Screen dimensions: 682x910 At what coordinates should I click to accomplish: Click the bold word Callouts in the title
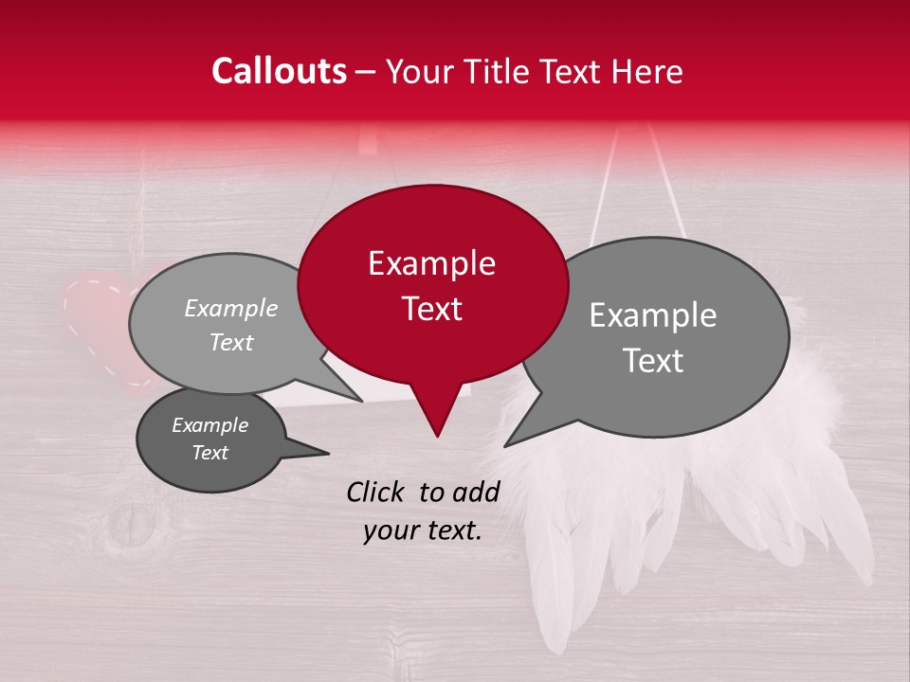click(279, 71)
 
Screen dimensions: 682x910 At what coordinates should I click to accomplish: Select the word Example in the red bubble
click(431, 263)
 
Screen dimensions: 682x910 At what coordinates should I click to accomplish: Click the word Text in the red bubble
click(431, 309)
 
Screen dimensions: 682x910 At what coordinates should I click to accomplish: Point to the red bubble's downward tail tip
click(437, 436)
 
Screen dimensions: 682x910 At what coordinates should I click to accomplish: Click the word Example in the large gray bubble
click(653, 315)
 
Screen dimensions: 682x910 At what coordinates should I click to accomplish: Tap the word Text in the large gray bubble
click(653, 361)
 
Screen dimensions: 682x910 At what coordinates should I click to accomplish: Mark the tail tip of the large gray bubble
click(505, 445)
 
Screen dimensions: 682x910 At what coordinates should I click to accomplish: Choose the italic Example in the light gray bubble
click(230, 309)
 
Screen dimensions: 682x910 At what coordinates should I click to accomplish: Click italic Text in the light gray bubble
click(230, 343)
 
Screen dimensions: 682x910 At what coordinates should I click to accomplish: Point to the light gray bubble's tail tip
click(362, 401)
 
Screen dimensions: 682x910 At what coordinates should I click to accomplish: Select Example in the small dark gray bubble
click(209, 425)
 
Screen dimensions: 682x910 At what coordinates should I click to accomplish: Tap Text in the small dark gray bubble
click(209, 453)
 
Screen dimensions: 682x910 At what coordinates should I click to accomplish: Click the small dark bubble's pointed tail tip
click(329, 453)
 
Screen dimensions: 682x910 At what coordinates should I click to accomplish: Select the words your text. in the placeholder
click(423, 531)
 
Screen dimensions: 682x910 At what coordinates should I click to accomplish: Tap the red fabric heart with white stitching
click(95, 317)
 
